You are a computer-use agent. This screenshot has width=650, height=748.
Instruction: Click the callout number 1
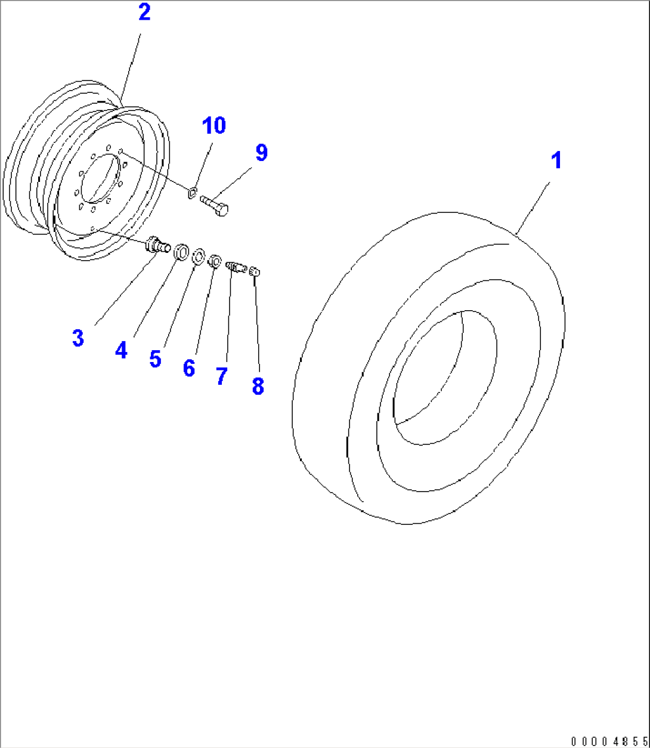point(556,161)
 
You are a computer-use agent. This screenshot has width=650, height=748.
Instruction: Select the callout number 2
point(144,13)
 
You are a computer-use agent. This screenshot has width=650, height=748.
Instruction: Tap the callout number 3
point(78,338)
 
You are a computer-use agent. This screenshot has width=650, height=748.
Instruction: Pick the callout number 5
point(155,359)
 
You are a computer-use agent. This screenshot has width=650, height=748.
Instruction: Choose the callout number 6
point(188,368)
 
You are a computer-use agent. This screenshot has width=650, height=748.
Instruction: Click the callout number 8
point(258,385)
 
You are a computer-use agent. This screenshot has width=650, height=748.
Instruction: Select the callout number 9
point(261,153)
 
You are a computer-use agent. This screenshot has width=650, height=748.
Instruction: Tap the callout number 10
point(213,126)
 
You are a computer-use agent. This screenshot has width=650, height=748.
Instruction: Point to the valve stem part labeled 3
point(157,245)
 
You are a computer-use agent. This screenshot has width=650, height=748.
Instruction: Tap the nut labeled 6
point(214,261)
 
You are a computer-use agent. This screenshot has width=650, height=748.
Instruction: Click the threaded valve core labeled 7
point(237,267)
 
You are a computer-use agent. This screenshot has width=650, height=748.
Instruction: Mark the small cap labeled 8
point(256,272)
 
